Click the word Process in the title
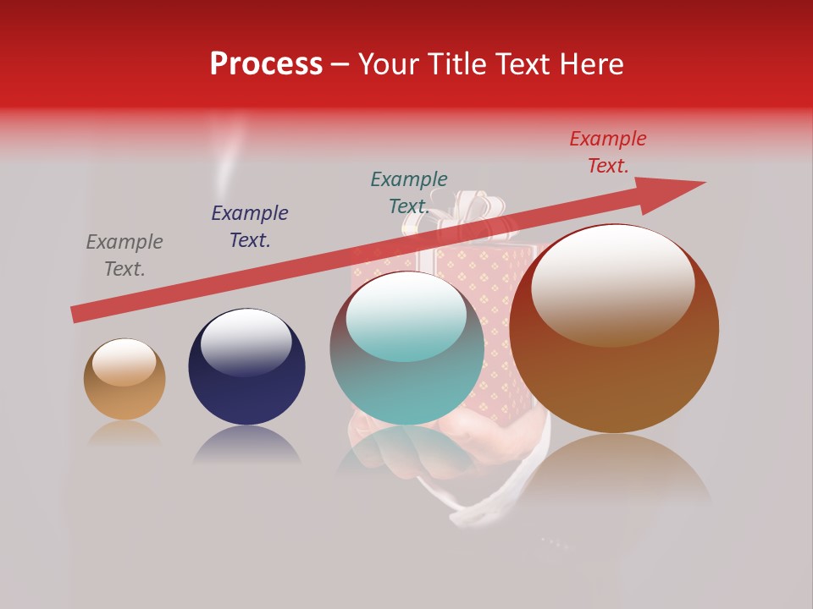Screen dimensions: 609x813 tap(266, 64)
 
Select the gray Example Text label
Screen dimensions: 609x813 tap(124, 255)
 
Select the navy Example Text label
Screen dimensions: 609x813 tap(250, 227)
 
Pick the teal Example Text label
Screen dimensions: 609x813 tap(409, 193)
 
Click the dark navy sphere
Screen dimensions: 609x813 tap(246, 372)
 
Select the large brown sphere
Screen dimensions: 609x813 tap(614, 355)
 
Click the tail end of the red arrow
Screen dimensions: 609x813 tap(78, 314)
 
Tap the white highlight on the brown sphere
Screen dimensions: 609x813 tap(612, 283)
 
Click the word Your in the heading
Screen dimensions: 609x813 tap(388, 64)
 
